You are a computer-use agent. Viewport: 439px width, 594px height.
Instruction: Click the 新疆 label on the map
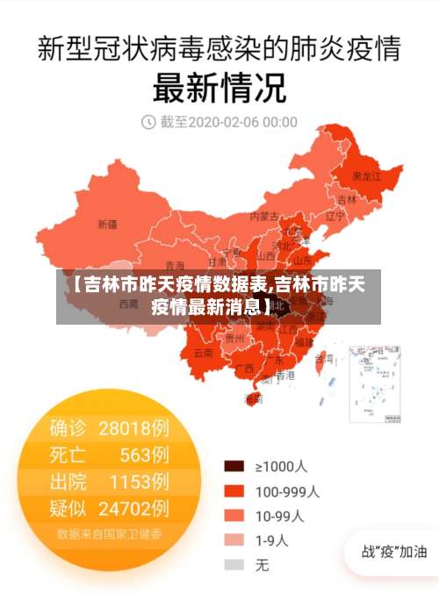coord(106,224)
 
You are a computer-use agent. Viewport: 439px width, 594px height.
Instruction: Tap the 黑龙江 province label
coord(366,176)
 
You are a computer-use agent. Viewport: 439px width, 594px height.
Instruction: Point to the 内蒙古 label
coord(263,215)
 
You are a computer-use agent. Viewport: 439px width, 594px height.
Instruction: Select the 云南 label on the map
coord(203,353)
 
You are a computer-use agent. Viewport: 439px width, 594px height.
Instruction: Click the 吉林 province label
coord(348,199)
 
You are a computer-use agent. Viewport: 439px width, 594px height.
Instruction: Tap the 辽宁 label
coord(335,215)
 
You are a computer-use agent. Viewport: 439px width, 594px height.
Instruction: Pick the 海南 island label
coord(253,398)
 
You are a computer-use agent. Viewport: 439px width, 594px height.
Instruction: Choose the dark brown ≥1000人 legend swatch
coord(234,466)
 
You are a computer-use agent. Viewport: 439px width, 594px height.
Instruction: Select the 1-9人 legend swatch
coord(234,540)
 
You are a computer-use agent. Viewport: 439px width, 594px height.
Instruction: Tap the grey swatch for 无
coord(234,565)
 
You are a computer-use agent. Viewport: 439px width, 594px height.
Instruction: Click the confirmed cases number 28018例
coord(133,428)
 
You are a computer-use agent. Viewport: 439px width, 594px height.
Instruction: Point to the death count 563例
coord(144,454)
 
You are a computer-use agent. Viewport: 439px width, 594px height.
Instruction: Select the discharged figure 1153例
coord(139,481)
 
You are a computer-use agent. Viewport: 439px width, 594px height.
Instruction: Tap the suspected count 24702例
coord(133,507)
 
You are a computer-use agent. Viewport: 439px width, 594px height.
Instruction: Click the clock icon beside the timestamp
coord(148,122)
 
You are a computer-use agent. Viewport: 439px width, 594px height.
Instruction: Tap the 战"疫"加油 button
coord(394,552)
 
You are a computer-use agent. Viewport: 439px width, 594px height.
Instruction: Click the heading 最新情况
coord(219,88)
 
